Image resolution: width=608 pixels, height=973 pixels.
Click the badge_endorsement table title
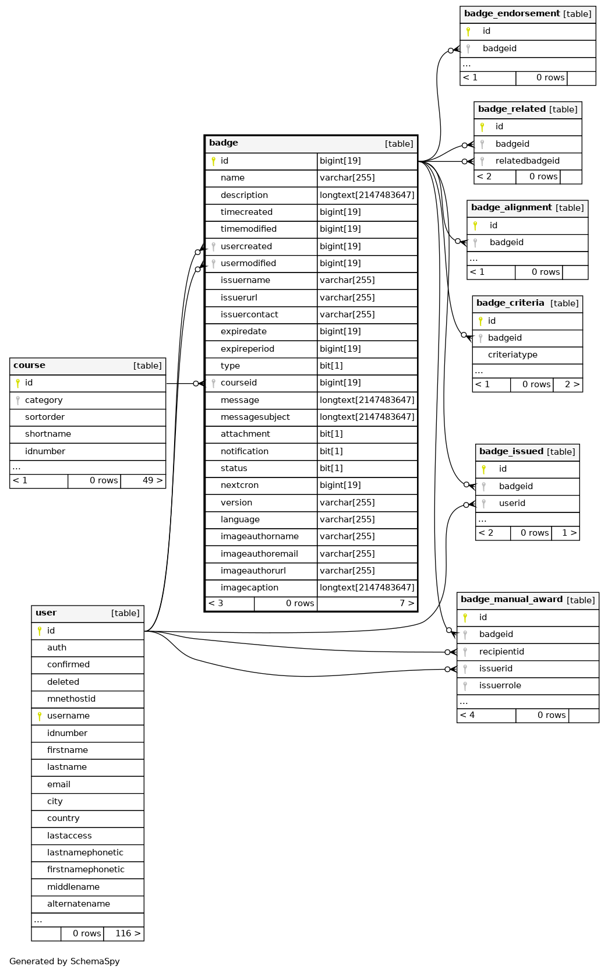[x=512, y=13]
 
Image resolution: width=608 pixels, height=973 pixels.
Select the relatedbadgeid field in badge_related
[x=527, y=161]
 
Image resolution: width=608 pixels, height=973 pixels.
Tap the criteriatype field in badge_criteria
[x=512, y=355]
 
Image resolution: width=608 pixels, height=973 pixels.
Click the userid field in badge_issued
[x=512, y=504]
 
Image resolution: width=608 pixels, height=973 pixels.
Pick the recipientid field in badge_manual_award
[x=501, y=652]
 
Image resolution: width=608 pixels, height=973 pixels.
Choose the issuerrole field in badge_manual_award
[x=500, y=685]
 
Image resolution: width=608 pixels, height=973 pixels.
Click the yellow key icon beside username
[x=40, y=716]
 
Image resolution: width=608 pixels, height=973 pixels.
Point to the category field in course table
[x=44, y=400]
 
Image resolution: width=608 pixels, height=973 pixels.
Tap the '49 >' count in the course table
[x=153, y=480]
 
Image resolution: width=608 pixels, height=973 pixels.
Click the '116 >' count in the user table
[x=128, y=933]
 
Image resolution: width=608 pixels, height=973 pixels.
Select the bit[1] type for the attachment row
[x=331, y=434]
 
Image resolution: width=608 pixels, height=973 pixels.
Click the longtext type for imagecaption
[x=367, y=588]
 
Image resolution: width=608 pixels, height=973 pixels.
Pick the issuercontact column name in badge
[x=249, y=314]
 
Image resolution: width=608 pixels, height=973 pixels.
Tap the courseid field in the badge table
[x=239, y=383]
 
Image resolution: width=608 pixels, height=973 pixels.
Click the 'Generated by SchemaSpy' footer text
[x=64, y=961]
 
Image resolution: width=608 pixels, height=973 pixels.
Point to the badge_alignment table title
[x=511, y=208]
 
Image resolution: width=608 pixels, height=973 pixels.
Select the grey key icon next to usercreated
[x=213, y=247]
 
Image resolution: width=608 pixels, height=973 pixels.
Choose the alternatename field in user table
[x=78, y=904]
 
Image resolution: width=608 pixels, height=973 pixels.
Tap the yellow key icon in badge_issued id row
[x=484, y=469]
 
